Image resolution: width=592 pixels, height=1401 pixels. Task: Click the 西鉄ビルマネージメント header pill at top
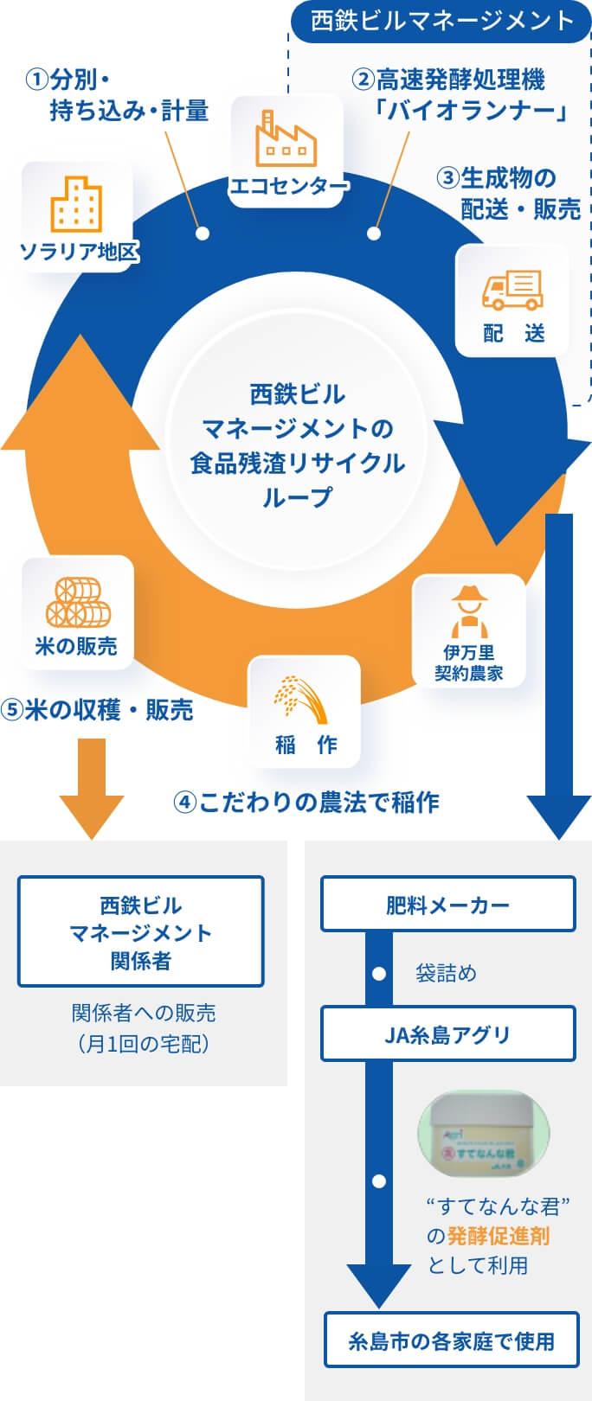pyautogui.click(x=441, y=21)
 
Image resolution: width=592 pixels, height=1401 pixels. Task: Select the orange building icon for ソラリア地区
pyautogui.click(x=76, y=204)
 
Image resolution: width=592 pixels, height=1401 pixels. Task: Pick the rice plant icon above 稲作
pyautogui.click(x=302, y=699)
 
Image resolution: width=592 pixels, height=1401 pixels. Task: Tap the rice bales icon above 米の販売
pyautogui.click(x=78, y=602)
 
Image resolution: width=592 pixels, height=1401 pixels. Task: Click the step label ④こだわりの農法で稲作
pyautogui.click(x=306, y=803)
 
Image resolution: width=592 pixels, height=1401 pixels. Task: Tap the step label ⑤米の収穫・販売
pyautogui.click(x=97, y=710)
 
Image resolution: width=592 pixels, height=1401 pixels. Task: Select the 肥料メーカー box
pyautogui.click(x=447, y=905)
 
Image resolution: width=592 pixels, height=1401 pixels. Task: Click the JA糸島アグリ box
pyautogui.click(x=447, y=1033)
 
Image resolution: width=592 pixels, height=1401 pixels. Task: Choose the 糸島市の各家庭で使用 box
pyautogui.click(x=451, y=1340)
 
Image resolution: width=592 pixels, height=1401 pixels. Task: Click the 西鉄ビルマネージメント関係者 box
pyautogui.click(x=140, y=931)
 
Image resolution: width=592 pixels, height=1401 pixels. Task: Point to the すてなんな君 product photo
pyautogui.click(x=484, y=1134)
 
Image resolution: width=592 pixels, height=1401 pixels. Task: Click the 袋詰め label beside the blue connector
pyautogui.click(x=446, y=974)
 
